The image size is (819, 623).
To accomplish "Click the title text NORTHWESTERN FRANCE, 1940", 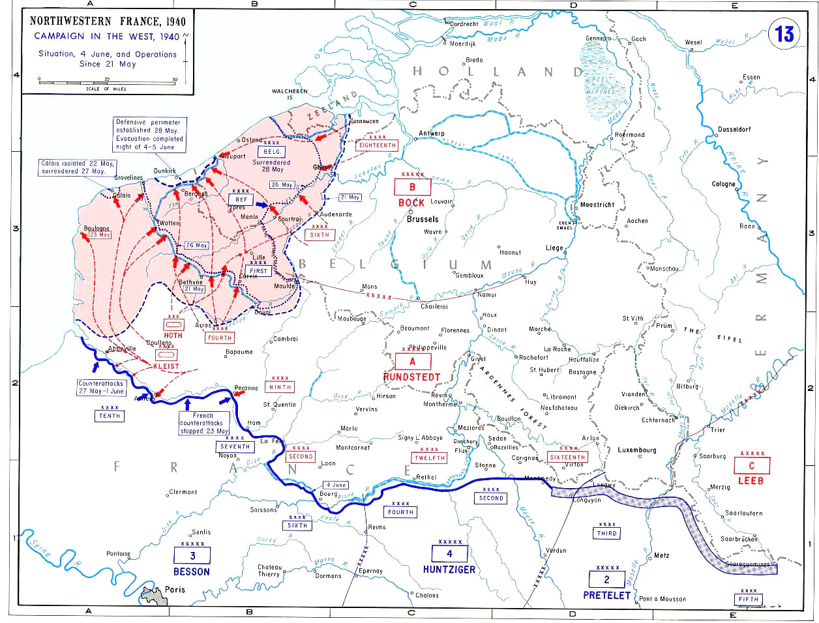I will [108, 22].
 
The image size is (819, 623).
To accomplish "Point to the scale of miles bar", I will [107, 81].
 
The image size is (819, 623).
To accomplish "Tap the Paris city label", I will [175, 589].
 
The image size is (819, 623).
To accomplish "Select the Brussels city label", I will [423, 219].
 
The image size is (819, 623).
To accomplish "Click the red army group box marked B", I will [411, 188].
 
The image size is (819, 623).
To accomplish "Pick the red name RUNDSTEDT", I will [411, 377].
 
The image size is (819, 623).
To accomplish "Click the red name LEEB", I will [751, 480].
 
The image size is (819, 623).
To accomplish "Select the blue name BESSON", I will [192, 572].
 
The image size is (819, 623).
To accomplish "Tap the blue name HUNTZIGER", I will [449, 569].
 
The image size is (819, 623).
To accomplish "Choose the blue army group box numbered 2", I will [606, 579].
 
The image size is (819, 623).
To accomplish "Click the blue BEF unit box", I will [241, 199].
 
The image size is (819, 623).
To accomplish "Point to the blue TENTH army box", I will [110, 416].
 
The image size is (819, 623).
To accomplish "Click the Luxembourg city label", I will [637, 450].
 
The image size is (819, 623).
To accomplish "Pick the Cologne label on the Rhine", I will [723, 184].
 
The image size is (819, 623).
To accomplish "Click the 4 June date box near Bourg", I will [336, 485].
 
